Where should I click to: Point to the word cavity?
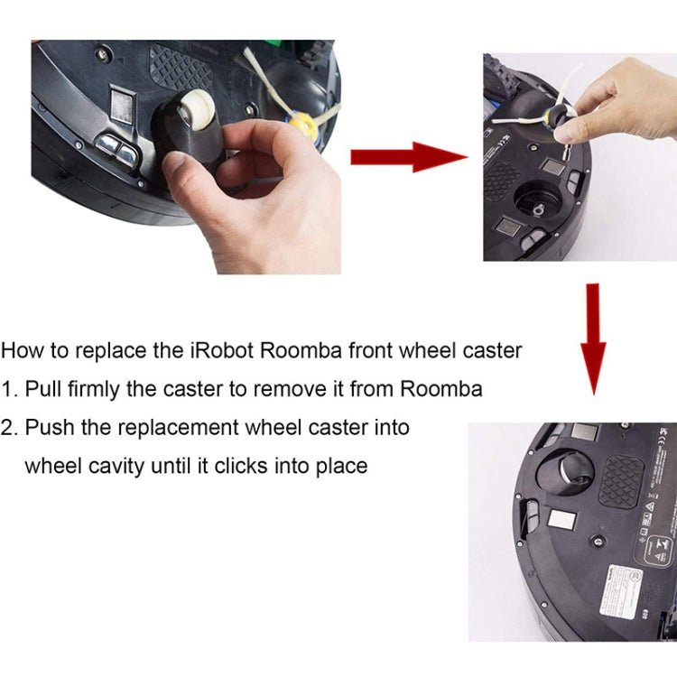[107, 466]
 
